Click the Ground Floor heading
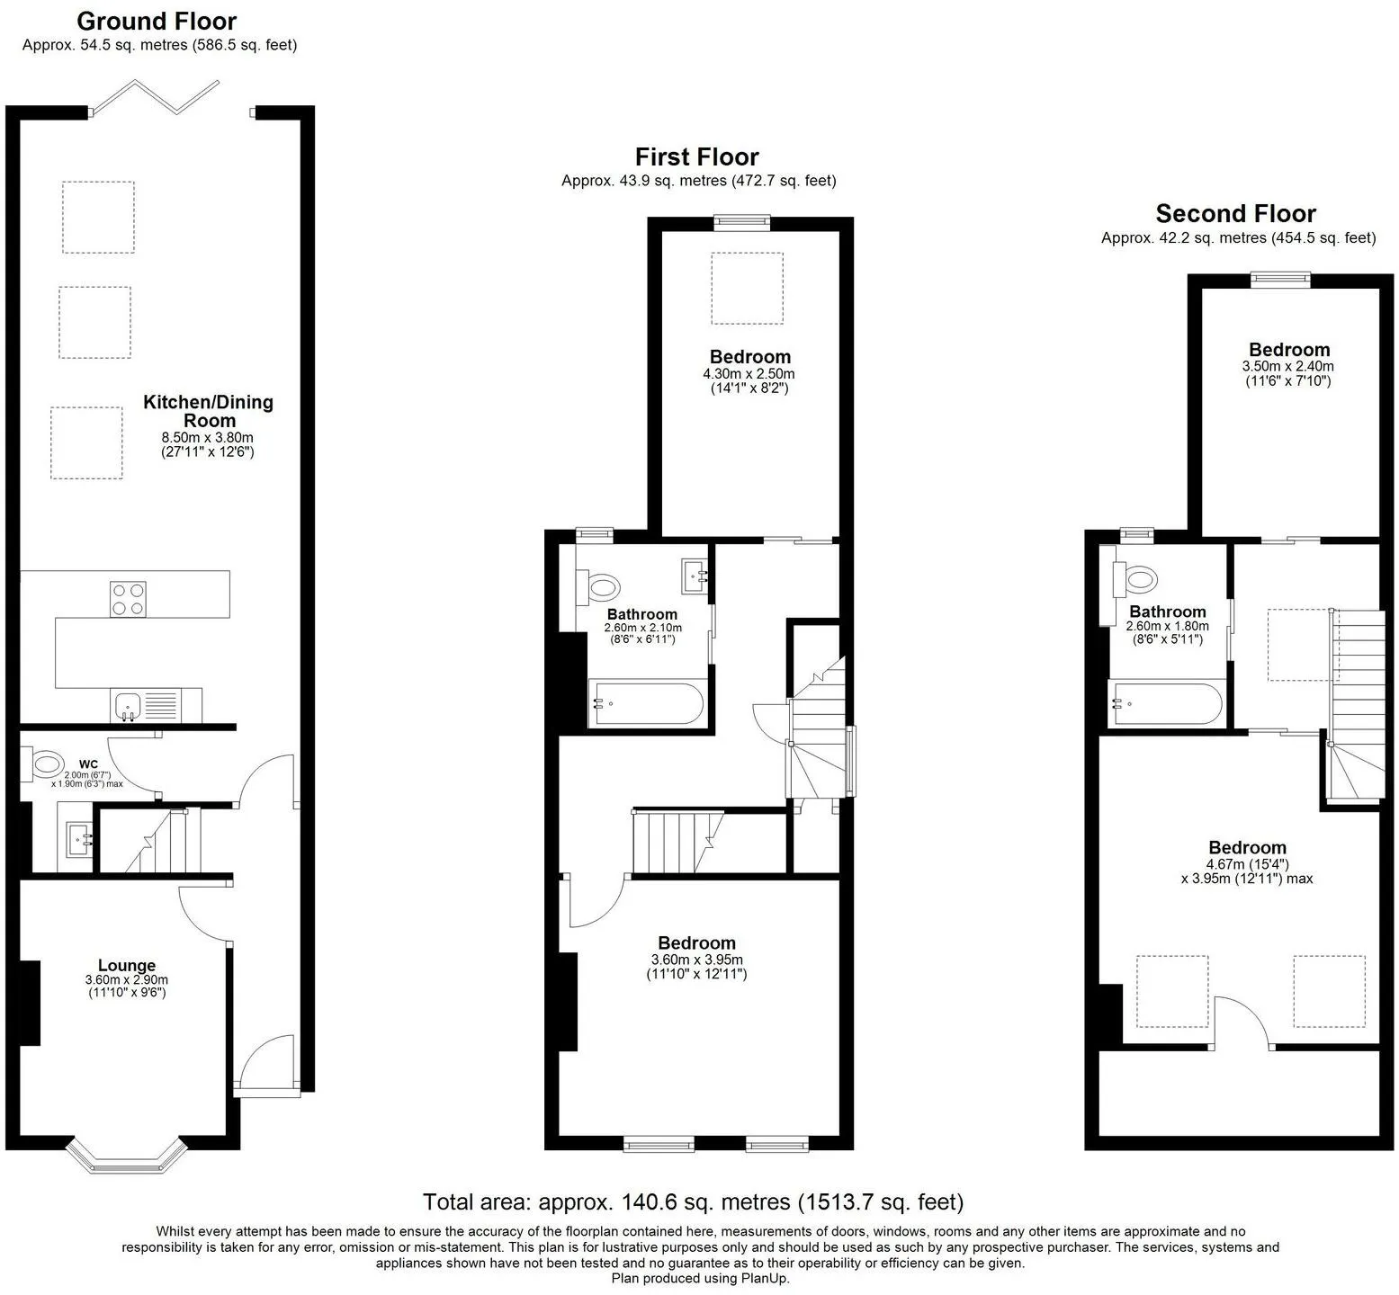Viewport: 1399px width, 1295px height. (157, 22)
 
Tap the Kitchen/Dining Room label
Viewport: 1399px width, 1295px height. (208, 411)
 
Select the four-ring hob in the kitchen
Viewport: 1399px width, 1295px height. (128, 599)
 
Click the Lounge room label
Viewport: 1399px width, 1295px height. (127, 966)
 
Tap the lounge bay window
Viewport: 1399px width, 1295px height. (127, 1157)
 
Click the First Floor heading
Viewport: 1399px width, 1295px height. (697, 157)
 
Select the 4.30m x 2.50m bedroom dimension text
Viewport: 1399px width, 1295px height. (749, 374)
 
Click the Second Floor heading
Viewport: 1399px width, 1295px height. (1235, 214)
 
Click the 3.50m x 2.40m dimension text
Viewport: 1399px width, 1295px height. (1288, 366)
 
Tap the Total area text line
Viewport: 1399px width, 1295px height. (693, 1201)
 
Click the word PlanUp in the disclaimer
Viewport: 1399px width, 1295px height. (767, 1278)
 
